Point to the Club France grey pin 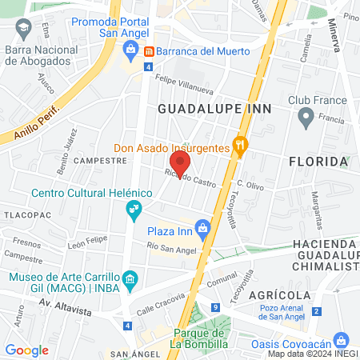[x=304, y=119]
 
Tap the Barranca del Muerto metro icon [x=148, y=50]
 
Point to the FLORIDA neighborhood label [x=318, y=161]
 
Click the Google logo [x=27, y=350]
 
